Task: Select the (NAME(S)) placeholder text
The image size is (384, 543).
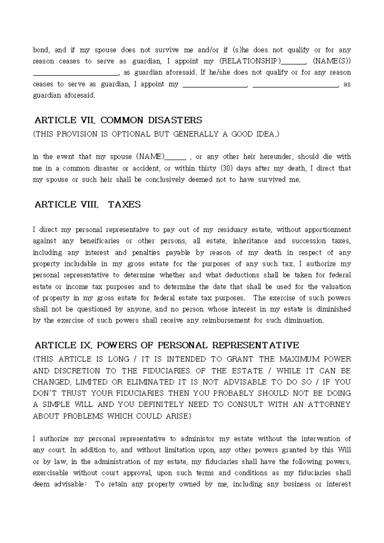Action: (331, 61)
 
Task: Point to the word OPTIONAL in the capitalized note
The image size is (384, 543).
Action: (132, 134)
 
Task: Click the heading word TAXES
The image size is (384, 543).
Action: (124, 205)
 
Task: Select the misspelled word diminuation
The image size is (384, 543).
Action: (305, 320)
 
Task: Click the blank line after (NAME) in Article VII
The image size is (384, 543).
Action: (176, 157)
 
